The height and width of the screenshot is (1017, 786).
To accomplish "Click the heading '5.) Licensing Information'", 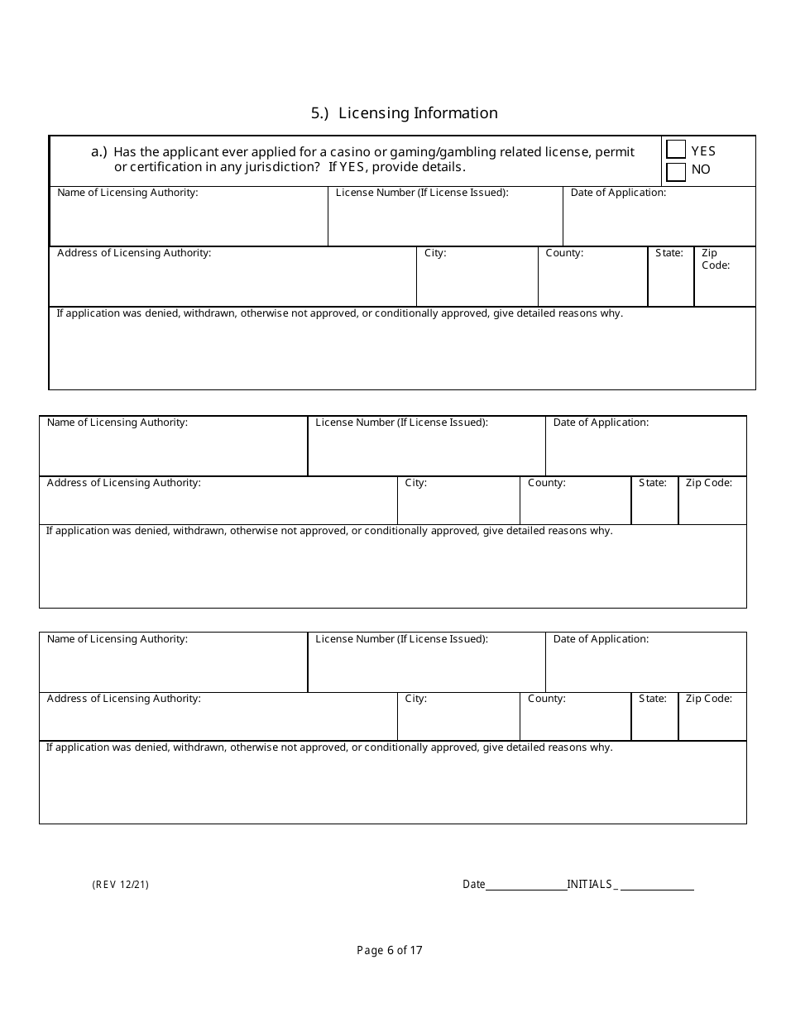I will click(x=404, y=113).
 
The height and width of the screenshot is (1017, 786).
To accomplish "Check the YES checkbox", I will click(x=676, y=150).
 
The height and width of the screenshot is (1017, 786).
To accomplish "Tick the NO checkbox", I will click(x=676, y=171).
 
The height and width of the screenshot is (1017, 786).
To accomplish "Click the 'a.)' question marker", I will click(x=99, y=151).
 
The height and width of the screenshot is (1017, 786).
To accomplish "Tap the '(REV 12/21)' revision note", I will click(x=121, y=885).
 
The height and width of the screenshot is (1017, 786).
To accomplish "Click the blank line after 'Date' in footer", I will click(x=525, y=886).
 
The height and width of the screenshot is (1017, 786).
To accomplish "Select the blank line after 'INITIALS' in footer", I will click(x=657, y=886).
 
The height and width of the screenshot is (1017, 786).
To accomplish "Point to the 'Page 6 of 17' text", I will click(x=390, y=950).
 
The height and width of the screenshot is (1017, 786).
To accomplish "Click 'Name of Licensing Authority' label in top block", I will click(x=127, y=193).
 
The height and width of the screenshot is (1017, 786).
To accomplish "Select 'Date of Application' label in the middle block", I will click(x=601, y=423).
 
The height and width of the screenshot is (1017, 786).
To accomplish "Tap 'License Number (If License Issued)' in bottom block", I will click(x=401, y=639).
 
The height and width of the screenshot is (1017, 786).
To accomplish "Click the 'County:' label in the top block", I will click(x=564, y=253).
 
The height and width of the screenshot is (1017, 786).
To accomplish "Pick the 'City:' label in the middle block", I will click(x=415, y=483).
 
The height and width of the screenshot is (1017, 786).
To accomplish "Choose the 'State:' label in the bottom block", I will click(x=653, y=699).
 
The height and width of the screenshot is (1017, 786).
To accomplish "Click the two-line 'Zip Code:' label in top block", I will click(x=715, y=260).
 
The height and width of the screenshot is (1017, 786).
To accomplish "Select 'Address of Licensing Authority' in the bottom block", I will click(x=123, y=699).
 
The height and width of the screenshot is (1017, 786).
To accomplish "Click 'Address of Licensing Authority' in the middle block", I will click(x=123, y=483).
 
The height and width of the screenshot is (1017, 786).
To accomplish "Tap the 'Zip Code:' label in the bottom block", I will click(x=708, y=699).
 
